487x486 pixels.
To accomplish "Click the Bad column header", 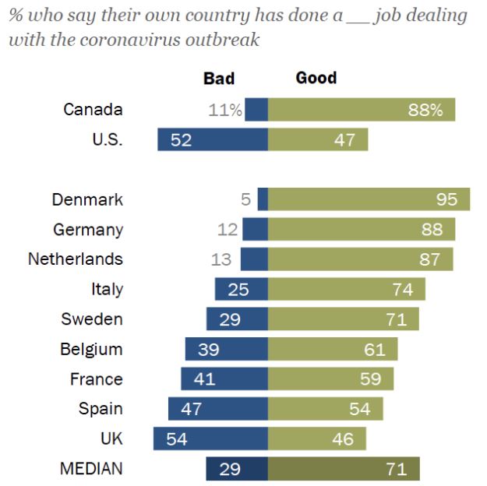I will [x=219, y=79].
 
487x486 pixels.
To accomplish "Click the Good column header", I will [x=316, y=78].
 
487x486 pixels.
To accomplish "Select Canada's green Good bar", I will [x=362, y=110].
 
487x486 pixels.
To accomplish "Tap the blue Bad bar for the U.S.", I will [x=213, y=139].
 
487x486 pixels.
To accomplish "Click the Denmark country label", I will [x=87, y=199].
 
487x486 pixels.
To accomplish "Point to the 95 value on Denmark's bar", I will [x=446, y=199].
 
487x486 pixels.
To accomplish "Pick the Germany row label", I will [x=88, y=229].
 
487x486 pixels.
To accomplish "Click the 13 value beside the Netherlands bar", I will [x=221, y=259].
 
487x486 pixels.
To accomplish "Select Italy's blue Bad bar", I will [x=242, y=289].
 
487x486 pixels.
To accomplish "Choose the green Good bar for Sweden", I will [x=343, y=319].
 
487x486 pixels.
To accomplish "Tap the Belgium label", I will [x=91, y=349].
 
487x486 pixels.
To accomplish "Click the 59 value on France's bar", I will [x=371, y=379].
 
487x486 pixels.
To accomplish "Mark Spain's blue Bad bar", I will [x=218, y=409].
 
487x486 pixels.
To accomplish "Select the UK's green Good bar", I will [x=317, y=438].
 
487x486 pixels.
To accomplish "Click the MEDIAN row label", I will [x=91, y=469].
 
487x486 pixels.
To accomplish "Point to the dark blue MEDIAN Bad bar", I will [x=237, y=469].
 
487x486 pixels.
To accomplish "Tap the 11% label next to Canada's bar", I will [x=225, y=110].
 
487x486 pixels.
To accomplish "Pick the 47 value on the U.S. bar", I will [x=344, y=140].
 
